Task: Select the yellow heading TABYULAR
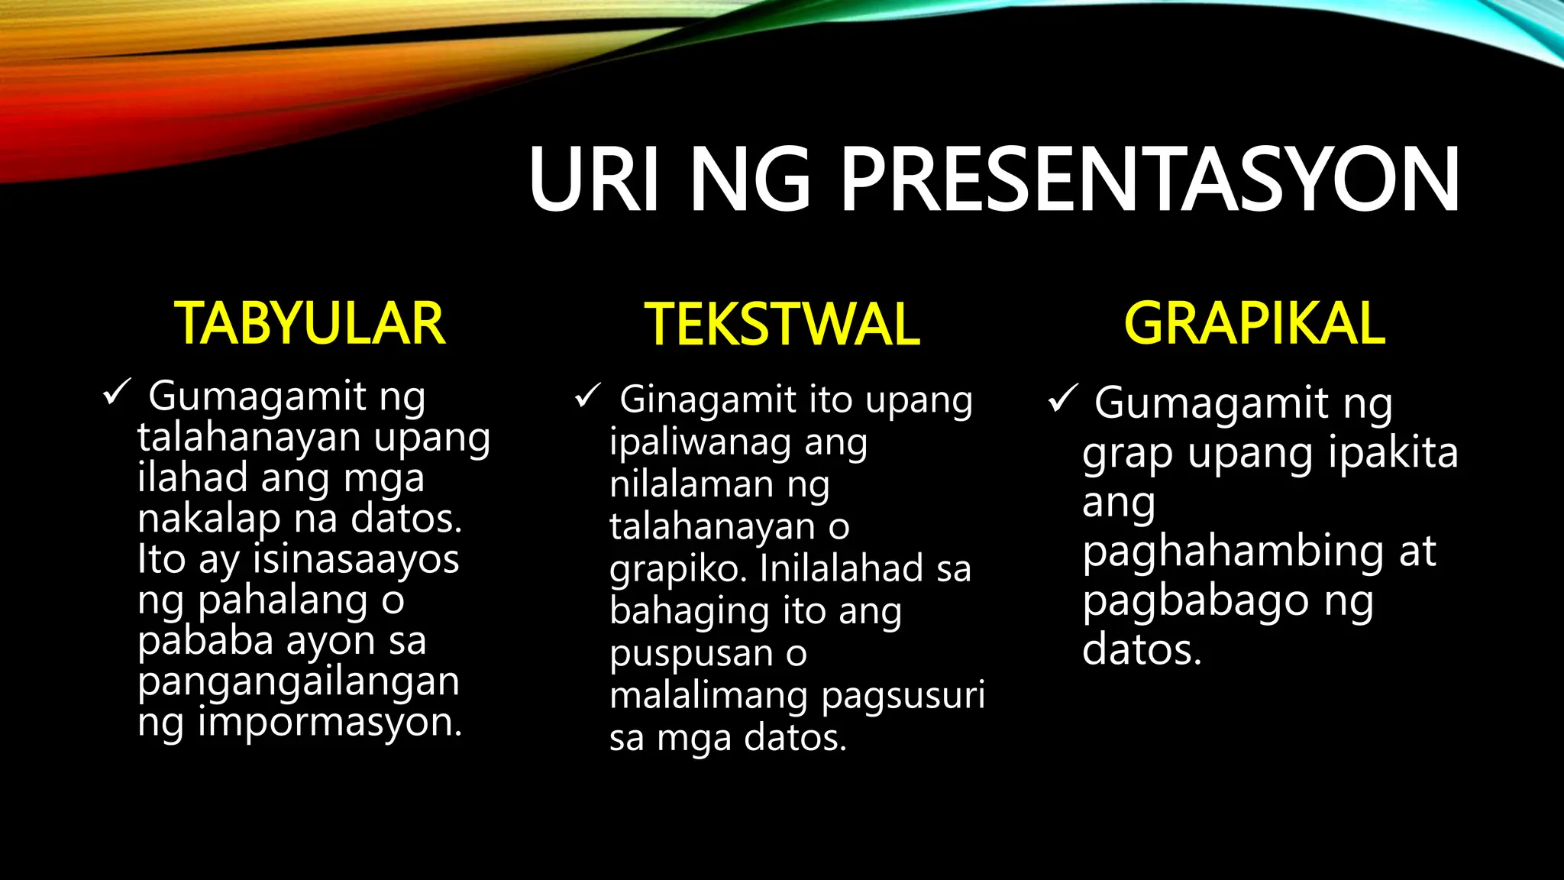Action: pyautogui.click(x=309, y=324)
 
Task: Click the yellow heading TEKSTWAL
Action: pyautogui.click(x=782, y=325)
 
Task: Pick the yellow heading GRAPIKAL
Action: pyautogui.click(x=1254, y=323)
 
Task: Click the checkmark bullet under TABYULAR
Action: pyautogui.click(x=117, y=393)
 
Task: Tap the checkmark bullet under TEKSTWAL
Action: pyautogui.click(x=589, y=396)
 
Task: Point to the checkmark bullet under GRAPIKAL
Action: pyautogui.click(x=1062, y=398)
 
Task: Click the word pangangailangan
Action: pyautogui.click(x=299, y=682)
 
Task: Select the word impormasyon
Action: pyautogui.click(x=330, y=723)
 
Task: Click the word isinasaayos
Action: pyautogui.click(x=356, y=559)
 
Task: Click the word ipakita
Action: pyautogui.click(x=1393, y=453)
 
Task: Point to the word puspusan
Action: pyautogui.click(x=691, y=654)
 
